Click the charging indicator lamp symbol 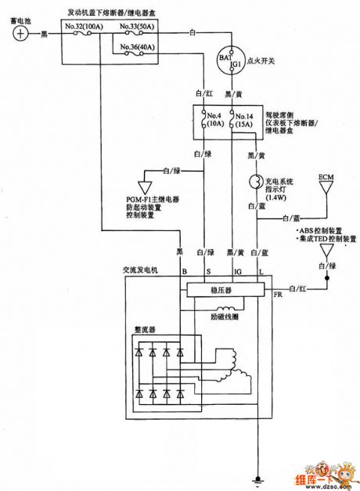click(254, 183)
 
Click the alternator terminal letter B click(184, 271)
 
